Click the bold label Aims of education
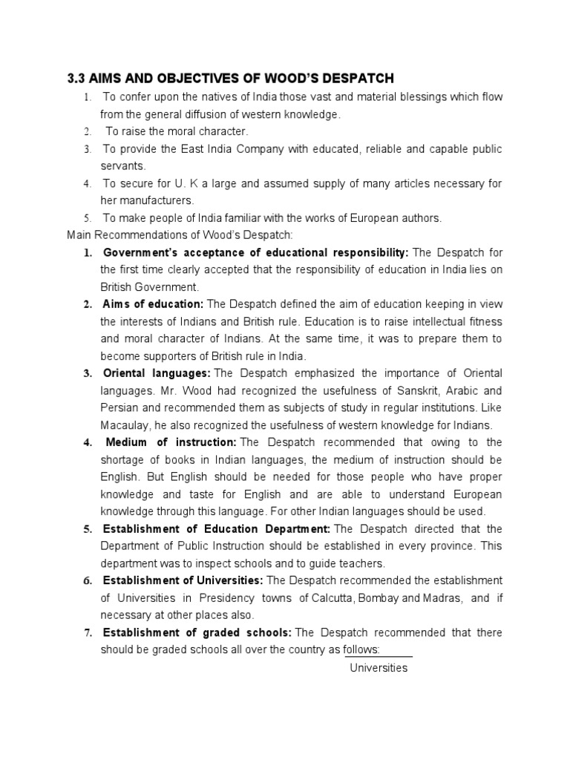153,304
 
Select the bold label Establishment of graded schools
197,632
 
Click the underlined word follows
361,649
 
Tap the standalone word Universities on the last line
379,667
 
